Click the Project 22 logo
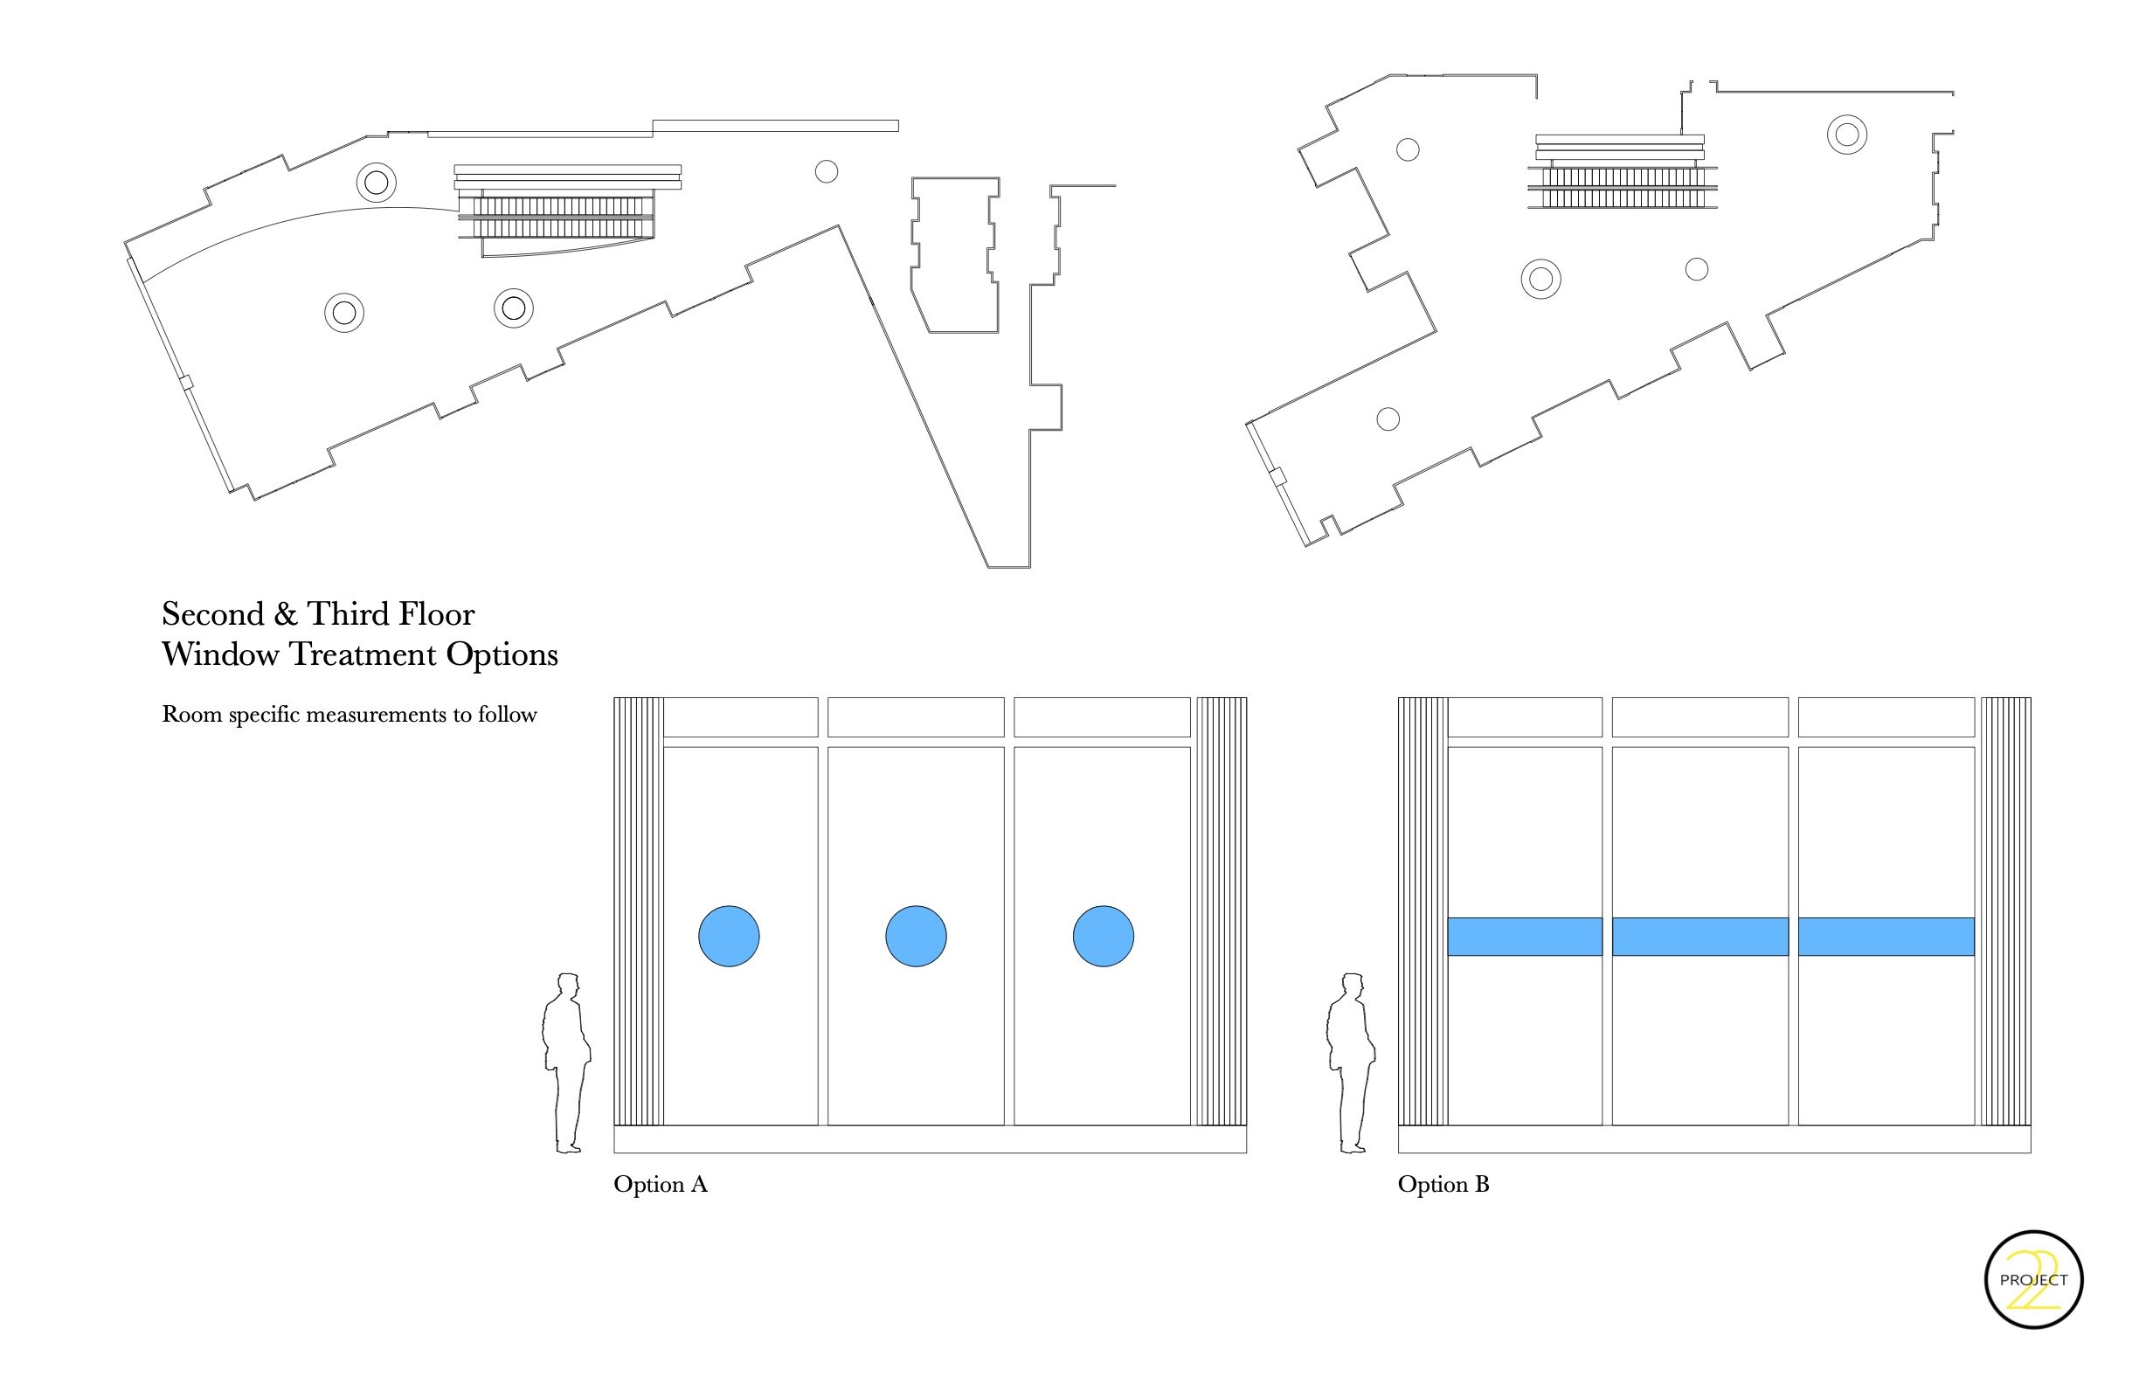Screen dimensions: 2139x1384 tap(2033, 1279)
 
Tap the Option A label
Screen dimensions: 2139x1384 tap(661, 1185)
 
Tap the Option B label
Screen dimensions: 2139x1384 tap(1443, 1185)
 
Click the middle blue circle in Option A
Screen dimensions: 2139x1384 tap(916, 936)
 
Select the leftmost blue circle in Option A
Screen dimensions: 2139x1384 tap(729, 936)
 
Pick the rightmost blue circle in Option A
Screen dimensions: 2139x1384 tap(1103, 936)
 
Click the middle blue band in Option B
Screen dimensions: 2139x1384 tap(1699, 936)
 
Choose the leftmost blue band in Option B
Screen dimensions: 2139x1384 tap(1524, 936)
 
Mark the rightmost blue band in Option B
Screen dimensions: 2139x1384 tap(1886, 936)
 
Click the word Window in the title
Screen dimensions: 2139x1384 tap(220, 654)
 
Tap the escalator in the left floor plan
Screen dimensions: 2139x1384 tap(557, 218)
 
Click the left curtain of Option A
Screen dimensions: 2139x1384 tap(638, 911)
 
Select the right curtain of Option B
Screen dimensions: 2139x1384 tap(2005, 911)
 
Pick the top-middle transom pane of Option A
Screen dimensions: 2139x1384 tap(916, 717)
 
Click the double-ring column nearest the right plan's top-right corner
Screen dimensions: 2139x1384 tap(1847, 135)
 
